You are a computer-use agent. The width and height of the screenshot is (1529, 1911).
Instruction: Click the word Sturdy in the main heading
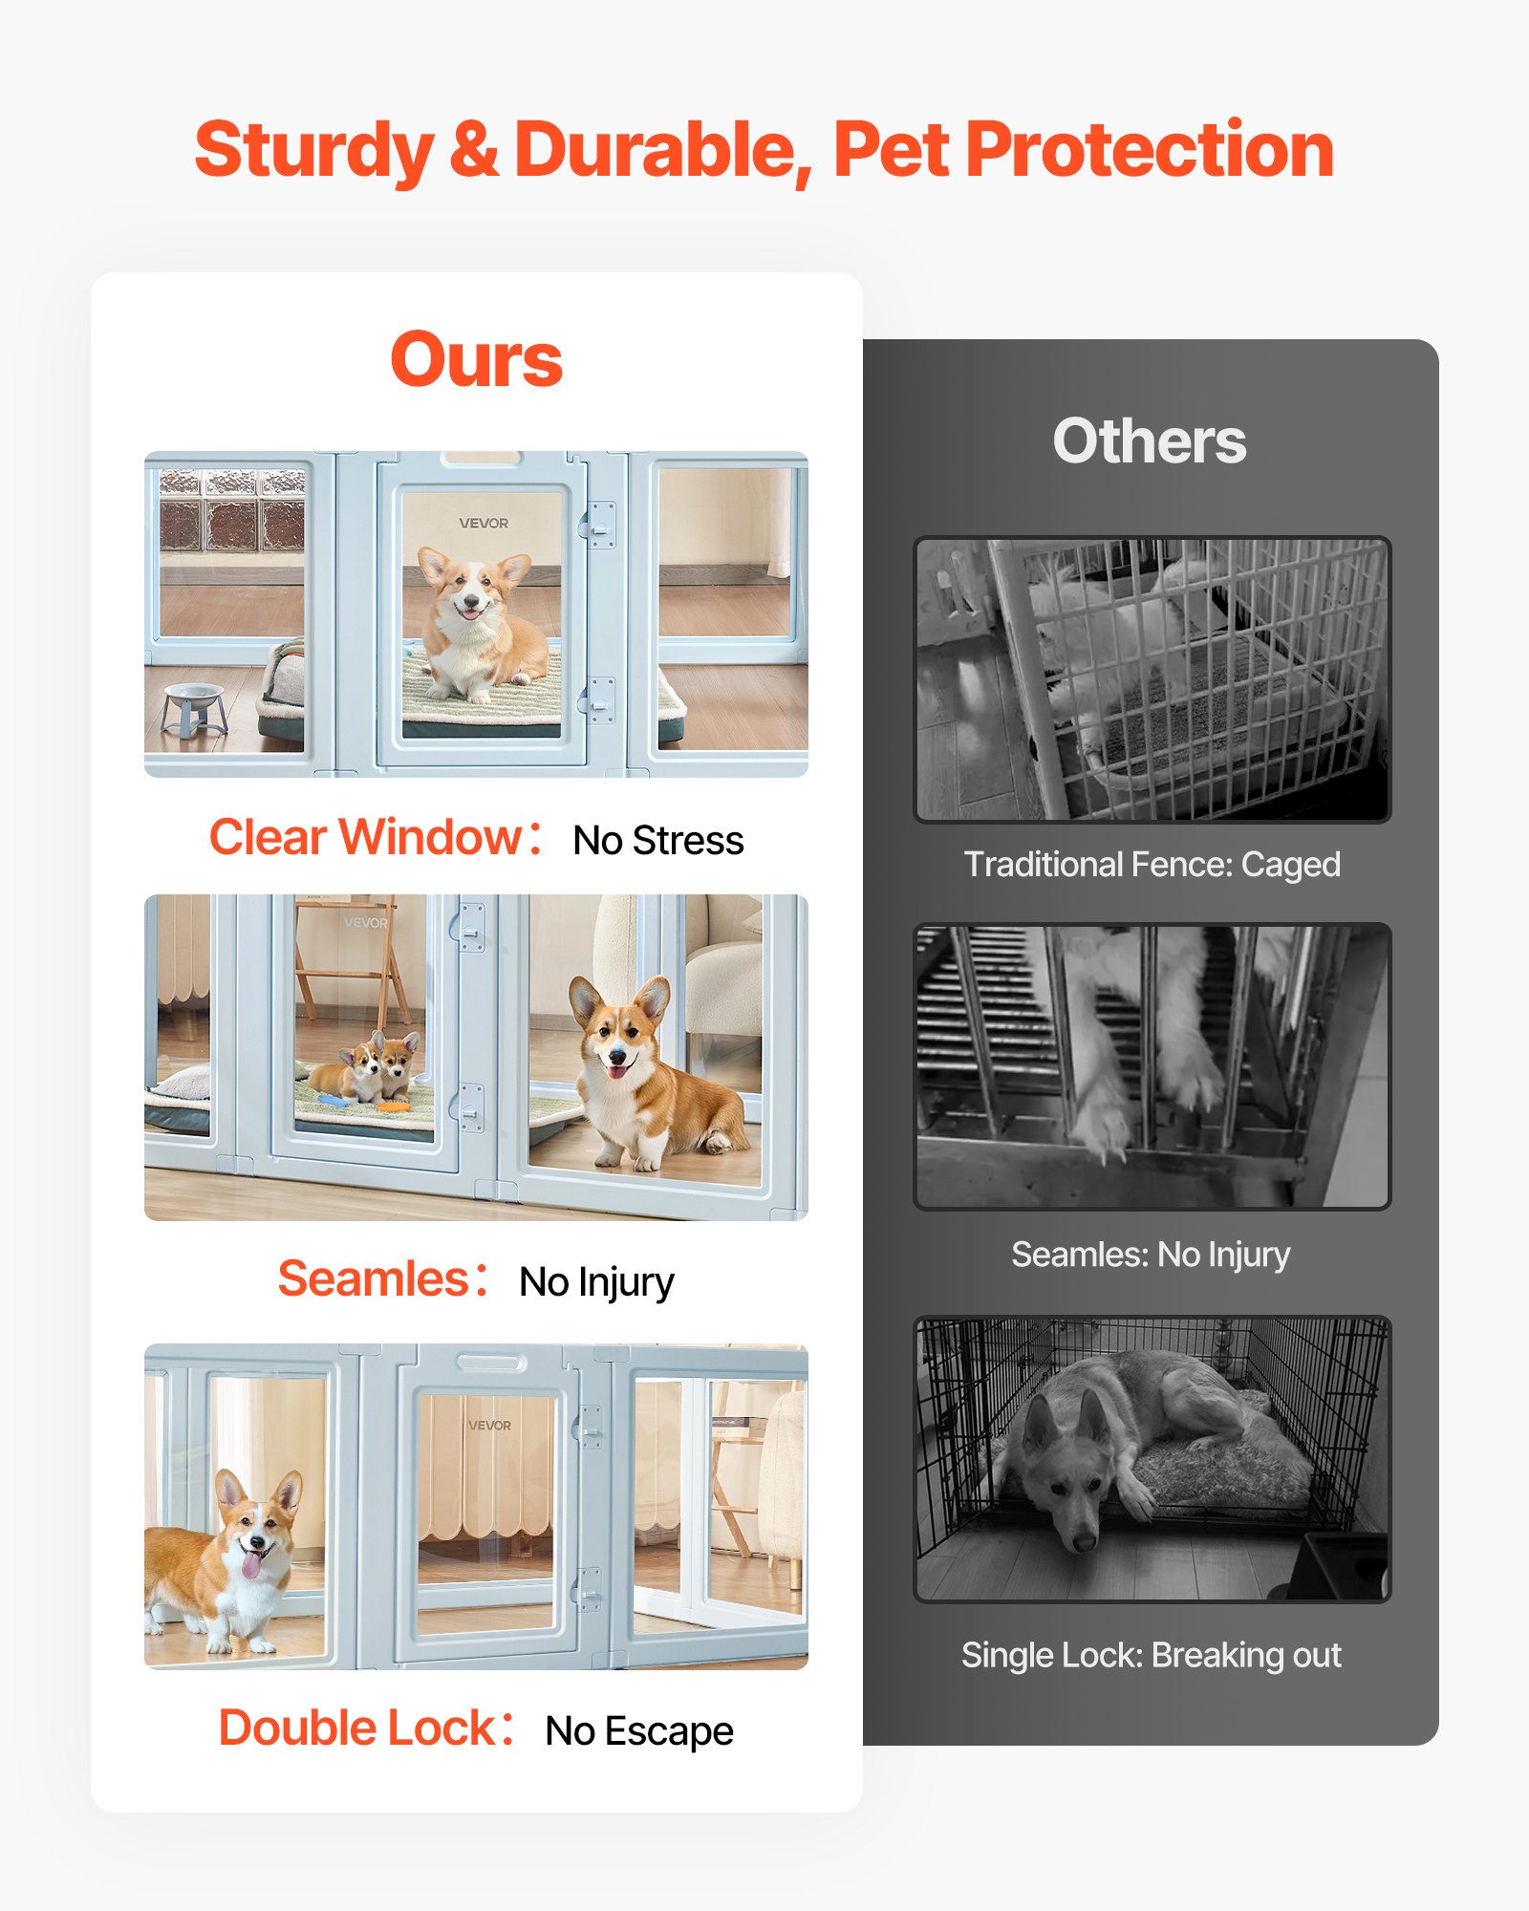(313, 151)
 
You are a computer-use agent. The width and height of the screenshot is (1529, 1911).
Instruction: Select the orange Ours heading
(476, 360)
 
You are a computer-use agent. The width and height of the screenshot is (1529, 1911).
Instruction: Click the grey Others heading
(1150, 441)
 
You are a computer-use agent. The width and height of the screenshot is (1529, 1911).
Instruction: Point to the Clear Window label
(366, 837)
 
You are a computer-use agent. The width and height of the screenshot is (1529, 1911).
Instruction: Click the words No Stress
(657, 841)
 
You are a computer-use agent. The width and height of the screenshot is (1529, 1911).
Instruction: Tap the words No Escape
(638, 1731)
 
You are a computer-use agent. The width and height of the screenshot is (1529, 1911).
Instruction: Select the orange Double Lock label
(356, 1728)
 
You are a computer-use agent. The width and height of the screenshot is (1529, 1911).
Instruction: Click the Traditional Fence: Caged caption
(1152, 865)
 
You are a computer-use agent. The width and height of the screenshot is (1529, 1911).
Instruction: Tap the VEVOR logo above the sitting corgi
(484, 524)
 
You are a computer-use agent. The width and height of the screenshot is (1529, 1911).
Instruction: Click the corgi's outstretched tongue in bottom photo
(250, 1565)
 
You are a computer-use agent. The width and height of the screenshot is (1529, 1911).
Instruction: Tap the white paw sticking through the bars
(1104, 1127)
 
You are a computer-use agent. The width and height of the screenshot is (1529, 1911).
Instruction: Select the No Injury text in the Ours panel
(596, 1282)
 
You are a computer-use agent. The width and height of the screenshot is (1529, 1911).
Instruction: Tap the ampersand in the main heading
(474, 151)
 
